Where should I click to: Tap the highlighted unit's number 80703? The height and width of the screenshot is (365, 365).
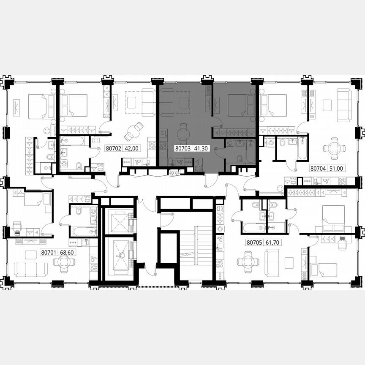tap(182, 149)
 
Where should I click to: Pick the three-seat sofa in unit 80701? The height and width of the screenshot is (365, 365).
tap(31, 269)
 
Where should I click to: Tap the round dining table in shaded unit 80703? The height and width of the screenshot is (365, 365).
tap(183, 134)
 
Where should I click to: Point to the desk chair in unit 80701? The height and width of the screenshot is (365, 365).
tap(18, 227)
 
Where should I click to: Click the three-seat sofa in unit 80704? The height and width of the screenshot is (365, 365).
tap(344, 105)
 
